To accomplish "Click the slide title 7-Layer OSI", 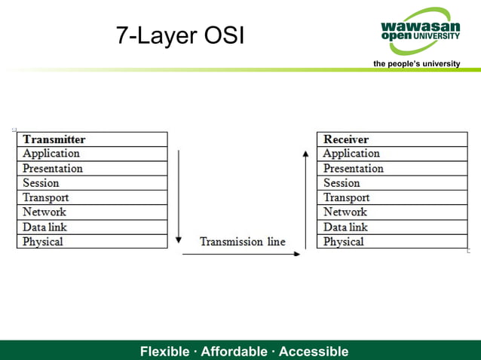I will (180, 35).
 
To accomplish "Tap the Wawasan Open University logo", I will (421, 30).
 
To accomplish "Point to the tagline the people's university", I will (416, 64).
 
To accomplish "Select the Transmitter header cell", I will (92, 139).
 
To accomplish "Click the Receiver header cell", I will (392, 139).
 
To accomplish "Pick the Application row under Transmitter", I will (92, 154).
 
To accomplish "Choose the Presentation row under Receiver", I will (392, 169).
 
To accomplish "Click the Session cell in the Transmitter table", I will (92, 183).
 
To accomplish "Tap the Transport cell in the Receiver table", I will (392, 197).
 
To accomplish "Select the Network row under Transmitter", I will (92, 212).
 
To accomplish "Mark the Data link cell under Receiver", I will (392, 227).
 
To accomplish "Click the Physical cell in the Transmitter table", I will (92, 242).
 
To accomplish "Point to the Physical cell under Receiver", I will (392, 242).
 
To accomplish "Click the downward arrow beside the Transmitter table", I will (179, 196).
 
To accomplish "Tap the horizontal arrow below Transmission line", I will (241, 254).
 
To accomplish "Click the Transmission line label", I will (242, 242).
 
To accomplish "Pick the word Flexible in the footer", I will (165, 352).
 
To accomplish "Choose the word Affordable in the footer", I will (234, 352).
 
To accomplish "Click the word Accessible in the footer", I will (314, 352).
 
